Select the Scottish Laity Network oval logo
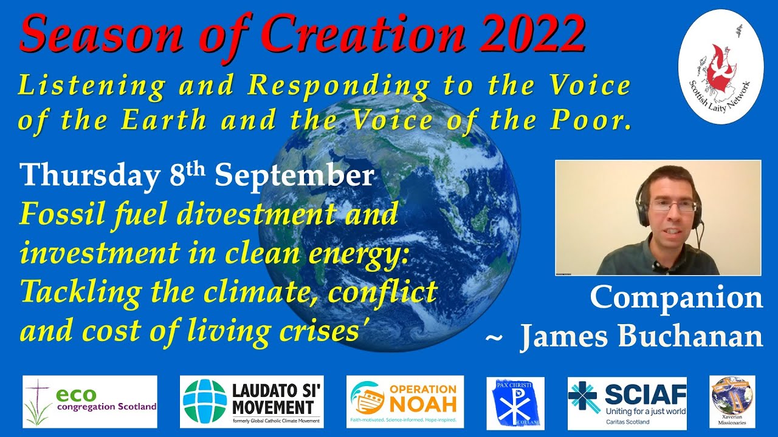(x=721, y=66)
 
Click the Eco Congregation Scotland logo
(x=90, y=402)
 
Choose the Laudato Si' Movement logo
(x=252, y=402)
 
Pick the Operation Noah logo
(x=405, y=401)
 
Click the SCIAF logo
(x=627, y=402)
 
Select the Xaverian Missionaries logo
(x=732, y=401)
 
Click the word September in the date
(x=294, y=176)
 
